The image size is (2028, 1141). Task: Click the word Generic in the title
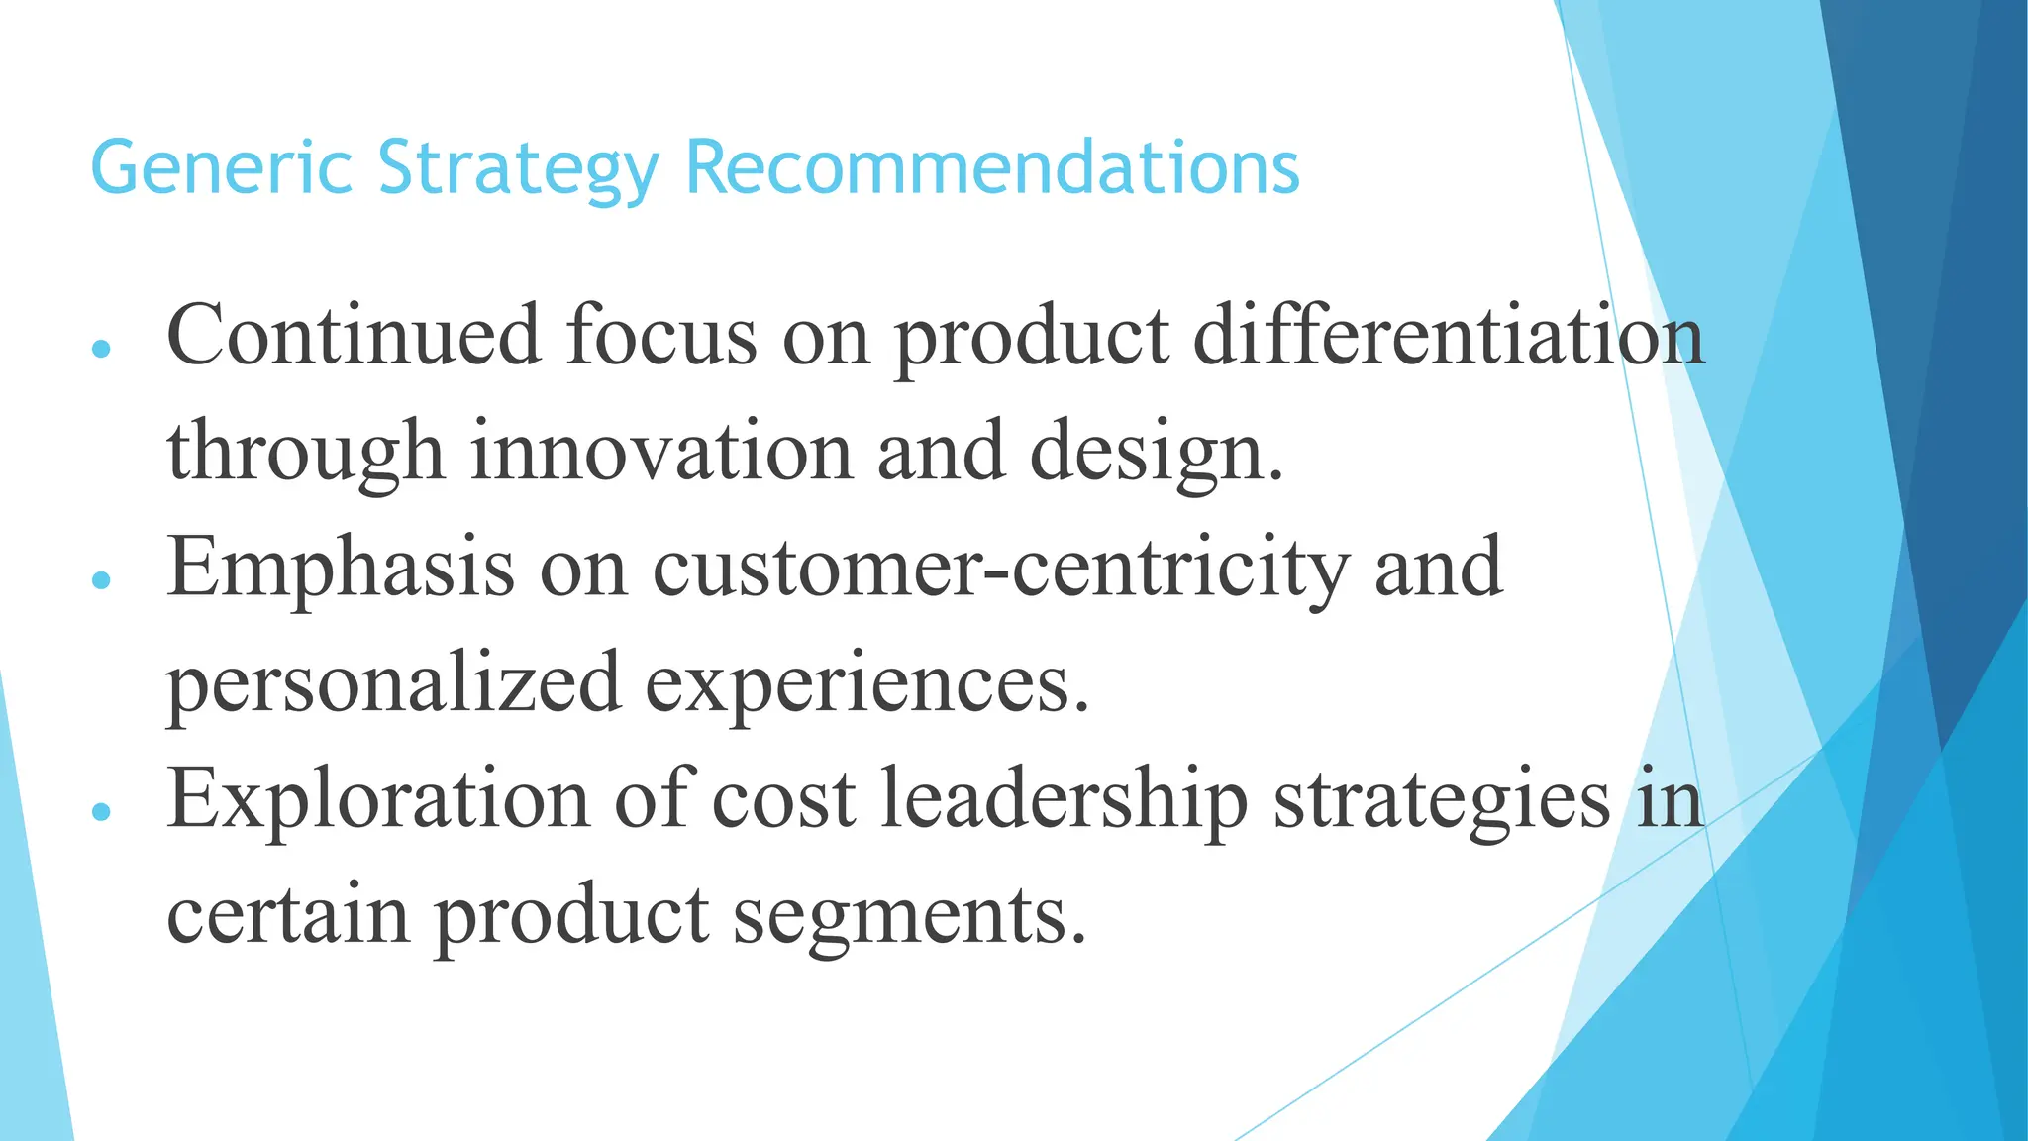pos(221,168)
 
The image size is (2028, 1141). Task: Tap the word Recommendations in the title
pos(991,168)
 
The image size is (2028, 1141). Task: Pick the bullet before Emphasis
pos(100,580)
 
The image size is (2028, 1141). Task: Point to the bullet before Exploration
pos(100,812)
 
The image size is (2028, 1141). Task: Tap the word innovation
pos(660,451)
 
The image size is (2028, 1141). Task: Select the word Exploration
pos(378,799)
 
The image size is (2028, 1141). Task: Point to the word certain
pos(288,915)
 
